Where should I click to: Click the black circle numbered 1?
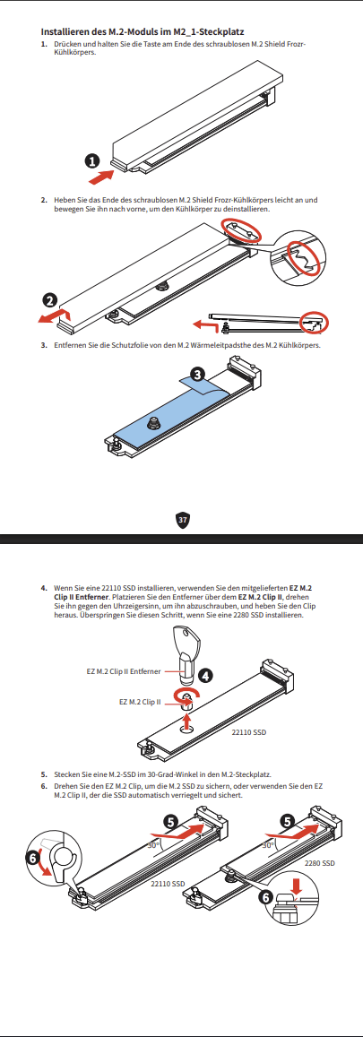point(93,160)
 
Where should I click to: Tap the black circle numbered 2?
point(50,299)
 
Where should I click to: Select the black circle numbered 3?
point(196,375)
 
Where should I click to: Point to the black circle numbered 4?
point(206,675)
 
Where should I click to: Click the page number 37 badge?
point(183,520)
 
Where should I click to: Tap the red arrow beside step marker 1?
point(101,177)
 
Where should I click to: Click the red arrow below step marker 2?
point(52,316)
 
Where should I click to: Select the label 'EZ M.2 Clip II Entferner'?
point(124,671)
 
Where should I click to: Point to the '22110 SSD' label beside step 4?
point(249,733)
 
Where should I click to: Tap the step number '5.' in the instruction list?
point(44,774)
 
